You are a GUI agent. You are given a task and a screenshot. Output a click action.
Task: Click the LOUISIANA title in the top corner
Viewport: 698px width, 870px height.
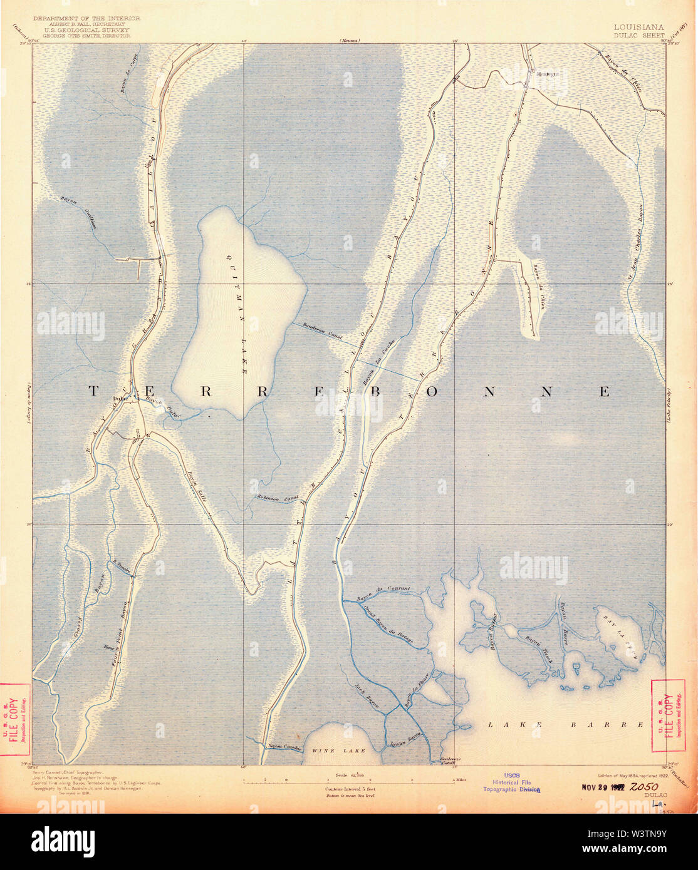tap(639, 27)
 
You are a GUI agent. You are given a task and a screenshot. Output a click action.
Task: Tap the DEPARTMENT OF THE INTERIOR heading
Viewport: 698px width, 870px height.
tap(86, 19)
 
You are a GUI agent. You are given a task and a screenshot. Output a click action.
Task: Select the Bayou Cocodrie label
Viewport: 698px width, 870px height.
tap(285, 746)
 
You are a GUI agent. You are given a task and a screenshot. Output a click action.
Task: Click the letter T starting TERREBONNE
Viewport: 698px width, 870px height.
tap(92, 391)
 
